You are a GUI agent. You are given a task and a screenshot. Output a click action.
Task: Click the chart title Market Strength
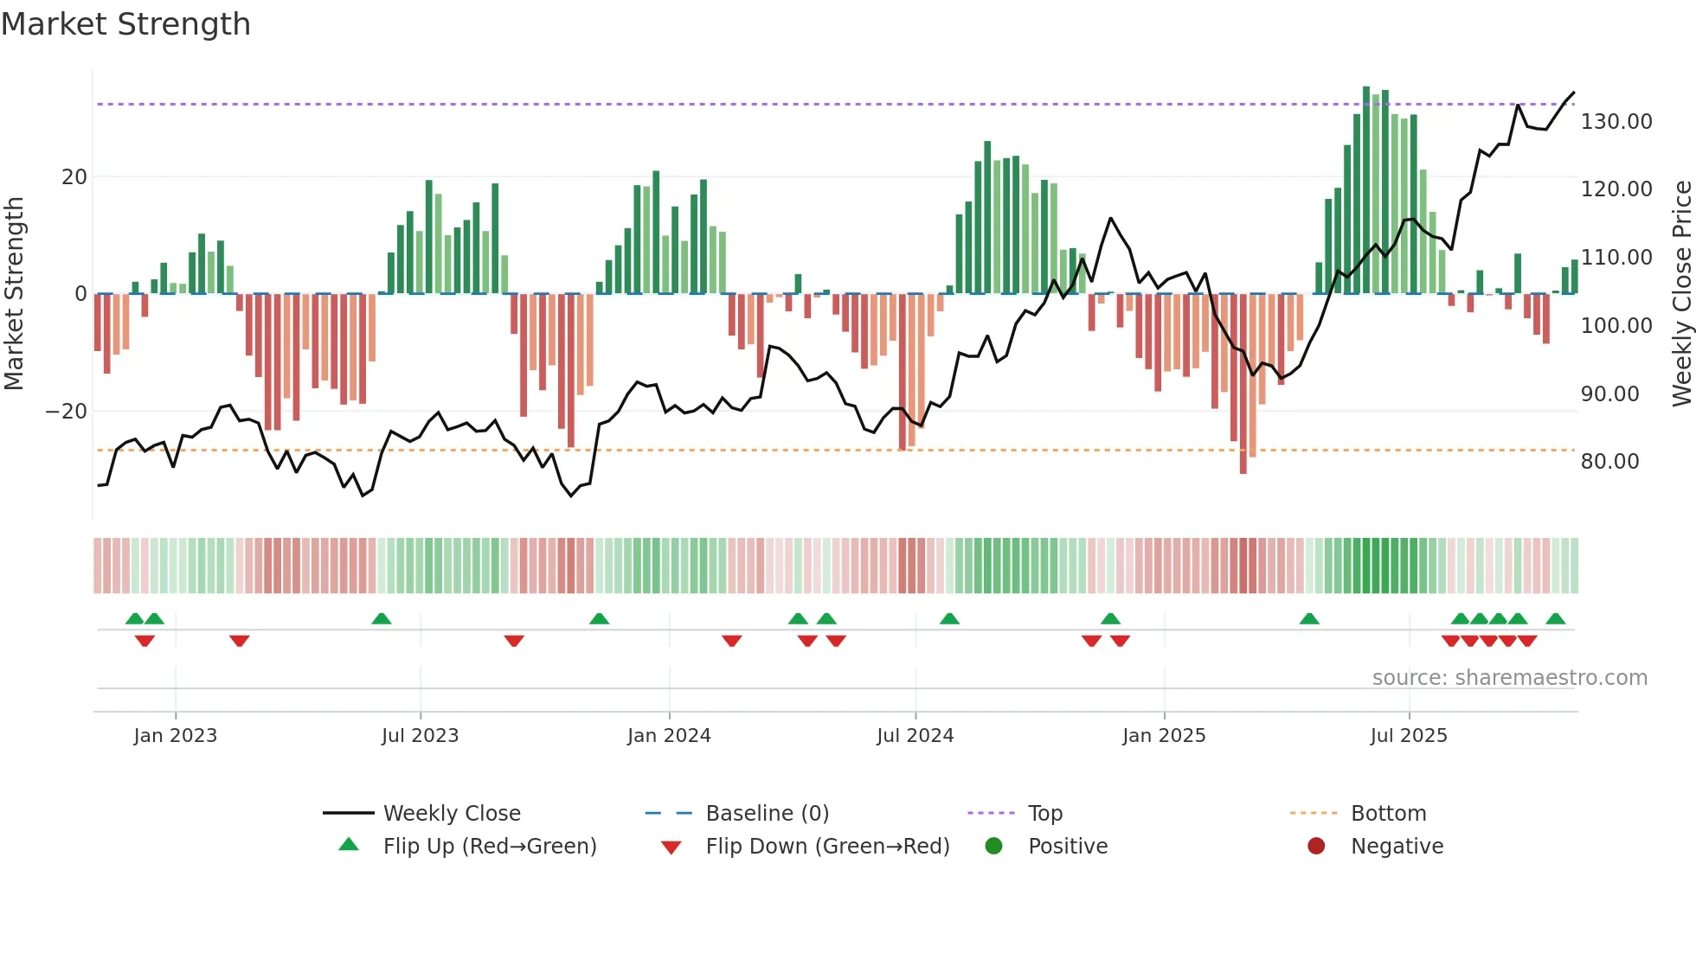(125, 24)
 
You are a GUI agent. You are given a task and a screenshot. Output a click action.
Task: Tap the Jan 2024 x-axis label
(669, 736)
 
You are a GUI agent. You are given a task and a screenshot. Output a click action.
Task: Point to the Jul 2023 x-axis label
(420, 736)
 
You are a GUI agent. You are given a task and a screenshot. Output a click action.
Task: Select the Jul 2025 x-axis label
(1408, 736)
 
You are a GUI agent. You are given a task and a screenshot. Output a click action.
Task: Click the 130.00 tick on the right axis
(1616, 122)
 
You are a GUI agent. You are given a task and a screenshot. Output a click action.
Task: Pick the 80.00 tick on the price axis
(1609, 462)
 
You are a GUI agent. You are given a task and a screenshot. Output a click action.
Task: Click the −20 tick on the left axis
(67, 412)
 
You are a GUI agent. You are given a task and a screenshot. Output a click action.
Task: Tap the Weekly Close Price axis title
(1681, 294)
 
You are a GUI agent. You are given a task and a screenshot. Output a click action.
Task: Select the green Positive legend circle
(993, 846)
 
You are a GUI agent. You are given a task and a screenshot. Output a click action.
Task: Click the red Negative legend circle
(1316, 846)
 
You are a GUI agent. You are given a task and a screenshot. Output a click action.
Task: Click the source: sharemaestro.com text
(1509, 678)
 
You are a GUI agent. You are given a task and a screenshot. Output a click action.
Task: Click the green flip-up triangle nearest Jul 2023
(381, 618)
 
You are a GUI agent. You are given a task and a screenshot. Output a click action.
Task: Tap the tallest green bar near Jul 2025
(1366, 190)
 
